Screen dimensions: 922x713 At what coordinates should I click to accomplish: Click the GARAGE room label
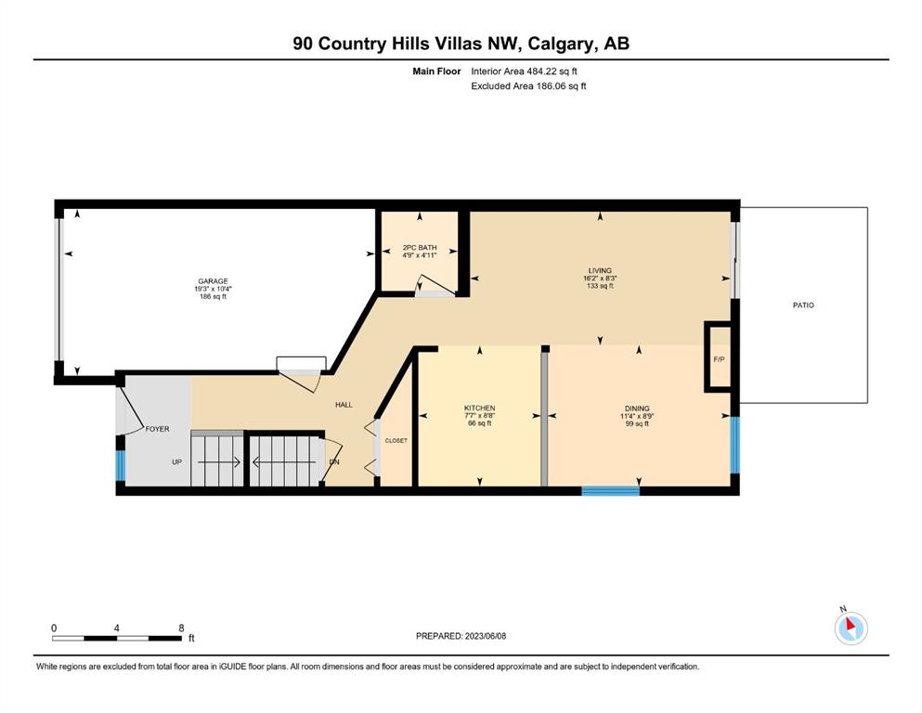click(x=213, y=281)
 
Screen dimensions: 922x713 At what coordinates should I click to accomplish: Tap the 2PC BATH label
click(x=420, y=248)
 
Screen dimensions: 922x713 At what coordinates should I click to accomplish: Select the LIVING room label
click(x=600, y=271)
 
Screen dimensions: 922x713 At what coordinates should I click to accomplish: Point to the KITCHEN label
click(x=480, y=408)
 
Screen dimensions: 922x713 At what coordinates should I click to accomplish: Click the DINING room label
click(x=637, y=408)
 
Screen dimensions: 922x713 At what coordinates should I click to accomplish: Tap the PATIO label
click(x=803, y=305)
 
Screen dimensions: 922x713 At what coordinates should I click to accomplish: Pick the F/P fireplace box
click(x=719, y=356)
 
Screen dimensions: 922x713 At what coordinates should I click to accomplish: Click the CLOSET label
click(x=396, y=440)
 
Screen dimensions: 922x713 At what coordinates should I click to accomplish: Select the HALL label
click(x=344, y=405)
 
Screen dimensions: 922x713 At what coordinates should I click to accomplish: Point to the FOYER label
click(x=157, y=429)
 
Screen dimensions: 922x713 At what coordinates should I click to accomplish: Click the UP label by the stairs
click(x=177, y=462)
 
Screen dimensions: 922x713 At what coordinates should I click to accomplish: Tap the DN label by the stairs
click(x=334, y=462)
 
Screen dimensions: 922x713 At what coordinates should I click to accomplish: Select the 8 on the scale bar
click(x=182, y=628)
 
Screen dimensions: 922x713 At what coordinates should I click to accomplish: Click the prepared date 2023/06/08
click(x=485, y=636)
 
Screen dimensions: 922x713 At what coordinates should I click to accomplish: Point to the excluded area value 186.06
click(x=549, y=85)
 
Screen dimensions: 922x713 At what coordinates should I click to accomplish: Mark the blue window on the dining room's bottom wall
click(x=610, y=491)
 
